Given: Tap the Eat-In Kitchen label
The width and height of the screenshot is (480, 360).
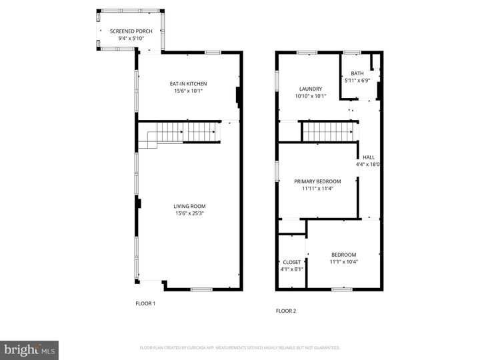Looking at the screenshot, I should (188, 83).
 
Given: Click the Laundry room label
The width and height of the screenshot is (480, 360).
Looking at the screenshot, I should (311, 89).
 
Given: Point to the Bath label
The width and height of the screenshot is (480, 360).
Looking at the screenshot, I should (357, 73).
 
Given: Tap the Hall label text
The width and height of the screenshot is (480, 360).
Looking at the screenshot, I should (369, 157).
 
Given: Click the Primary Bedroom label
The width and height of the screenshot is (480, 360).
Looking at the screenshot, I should (317, 181).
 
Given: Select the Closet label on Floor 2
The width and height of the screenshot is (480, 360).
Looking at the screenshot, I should (292, 262).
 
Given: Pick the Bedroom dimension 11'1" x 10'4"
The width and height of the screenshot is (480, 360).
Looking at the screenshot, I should (344, 262).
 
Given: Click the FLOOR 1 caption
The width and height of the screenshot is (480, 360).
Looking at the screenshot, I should (145, 304).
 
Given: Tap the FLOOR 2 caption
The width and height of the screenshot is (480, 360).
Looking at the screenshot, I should (286, 311).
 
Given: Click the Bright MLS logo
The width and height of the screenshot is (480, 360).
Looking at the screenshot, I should (29, 350).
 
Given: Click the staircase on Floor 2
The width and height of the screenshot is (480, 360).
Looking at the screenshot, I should (329, 131).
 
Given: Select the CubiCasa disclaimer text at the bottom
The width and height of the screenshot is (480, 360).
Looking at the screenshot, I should (239, 348).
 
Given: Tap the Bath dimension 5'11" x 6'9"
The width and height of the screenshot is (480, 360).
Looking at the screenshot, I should (357, 81).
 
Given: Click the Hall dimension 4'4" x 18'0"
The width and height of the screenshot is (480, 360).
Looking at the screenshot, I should (369, 165).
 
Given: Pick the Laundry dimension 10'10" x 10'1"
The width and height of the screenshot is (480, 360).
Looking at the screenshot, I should (311, 96).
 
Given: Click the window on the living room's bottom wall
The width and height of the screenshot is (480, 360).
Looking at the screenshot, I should (201, 289).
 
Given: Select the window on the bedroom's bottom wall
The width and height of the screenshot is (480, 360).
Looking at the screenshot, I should (342, 289).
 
